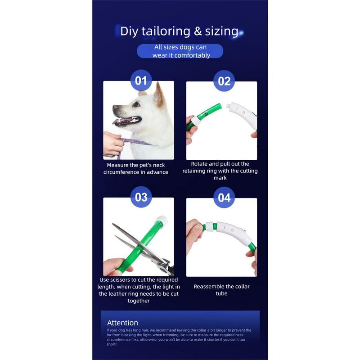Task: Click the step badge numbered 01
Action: pyautogui.click(x=141, y=81)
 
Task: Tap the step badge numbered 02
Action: pyautogui.click(x=224, y=81)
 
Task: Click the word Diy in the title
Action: pyautogui.click(x=130, y=31)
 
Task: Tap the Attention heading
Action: pyautogui.click(x=122, y=323)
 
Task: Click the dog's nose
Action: pyautogui.click(x=115, y=108)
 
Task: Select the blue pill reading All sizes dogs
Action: pyautogui.click(x=180, y=51)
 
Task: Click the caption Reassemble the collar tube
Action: pyautogui.click(x=221, y=290)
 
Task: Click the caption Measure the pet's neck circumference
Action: pyautogui.click(x=135, y=169)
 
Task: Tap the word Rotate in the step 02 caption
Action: pyautogui.click(x=200, y=164)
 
